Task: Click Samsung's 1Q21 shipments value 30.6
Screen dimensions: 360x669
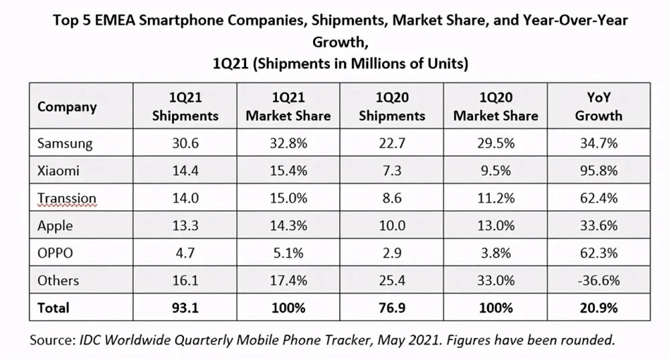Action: pyautogui.click(x=185, y=143)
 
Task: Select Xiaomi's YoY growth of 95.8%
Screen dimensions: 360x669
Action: pyautogui.click(x=599, y=171)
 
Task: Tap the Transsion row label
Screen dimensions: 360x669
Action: pyautogui.click(x=67, y=198)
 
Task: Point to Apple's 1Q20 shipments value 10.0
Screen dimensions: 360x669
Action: pyautogui.click(x=391, y=226)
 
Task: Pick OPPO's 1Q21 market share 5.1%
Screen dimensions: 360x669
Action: pyautogui.click(x=288, y=253)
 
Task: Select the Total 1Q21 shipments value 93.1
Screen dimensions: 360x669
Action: pyautogui.click(x=185, y=308)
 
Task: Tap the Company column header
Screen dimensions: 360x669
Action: pyautogui.click(x=67, y=106)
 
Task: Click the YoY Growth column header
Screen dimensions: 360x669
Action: pyautogui.click(x=599, y=106)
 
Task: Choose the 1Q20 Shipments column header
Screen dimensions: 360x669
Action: pyautogui.click(x=391, y=106)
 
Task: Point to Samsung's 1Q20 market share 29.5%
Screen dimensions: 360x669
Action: pyautogui.click(x=495, y=143)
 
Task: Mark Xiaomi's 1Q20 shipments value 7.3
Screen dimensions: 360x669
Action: pyautogui.click(x=391, y=171)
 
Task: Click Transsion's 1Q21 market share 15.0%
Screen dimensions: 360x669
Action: pyautogui.click(x=288, y=198)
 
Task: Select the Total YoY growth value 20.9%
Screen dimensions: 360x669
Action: pyautogui.click(x=599, y=308)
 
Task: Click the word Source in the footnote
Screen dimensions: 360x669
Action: pyautogui.click(x=50, y=340)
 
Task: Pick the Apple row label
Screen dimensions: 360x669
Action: pyautogui.click(x=55, y=226)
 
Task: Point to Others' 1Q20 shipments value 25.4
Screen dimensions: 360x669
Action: pyautogui.click(x=391, y=280)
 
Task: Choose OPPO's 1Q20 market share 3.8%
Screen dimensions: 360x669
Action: pyautogui.click(x=495, y=253)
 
